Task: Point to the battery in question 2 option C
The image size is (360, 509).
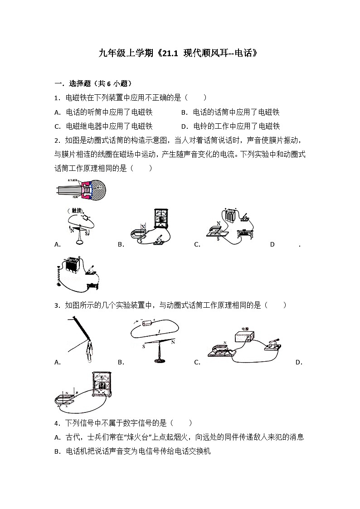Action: [231, 215]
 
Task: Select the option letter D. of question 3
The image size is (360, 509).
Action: [298, 362]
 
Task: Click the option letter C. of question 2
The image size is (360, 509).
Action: [197, 244]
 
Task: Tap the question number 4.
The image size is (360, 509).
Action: [56, 423]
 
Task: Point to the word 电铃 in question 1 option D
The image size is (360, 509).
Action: [199, 126]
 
